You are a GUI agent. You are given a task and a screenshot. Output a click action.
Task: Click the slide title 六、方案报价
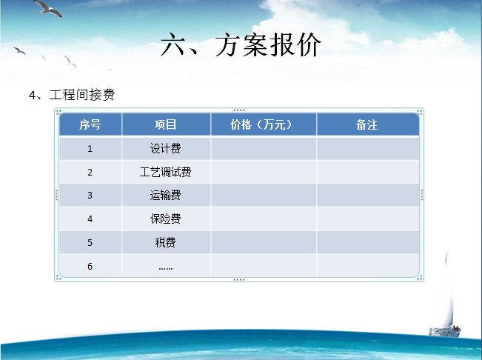coord(241,45)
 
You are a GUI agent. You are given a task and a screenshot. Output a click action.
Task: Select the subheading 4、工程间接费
coord(72,95)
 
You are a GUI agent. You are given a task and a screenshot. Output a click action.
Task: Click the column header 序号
coord(90,124)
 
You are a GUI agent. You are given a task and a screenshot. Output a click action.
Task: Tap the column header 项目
coord(165,124)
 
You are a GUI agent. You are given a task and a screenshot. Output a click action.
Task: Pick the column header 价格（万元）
coord(261,124)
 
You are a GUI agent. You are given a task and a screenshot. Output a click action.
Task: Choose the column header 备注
coord(366,124)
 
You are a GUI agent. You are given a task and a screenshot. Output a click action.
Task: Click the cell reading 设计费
coord(165,148)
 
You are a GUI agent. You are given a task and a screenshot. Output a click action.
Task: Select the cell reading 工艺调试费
coord(165,172)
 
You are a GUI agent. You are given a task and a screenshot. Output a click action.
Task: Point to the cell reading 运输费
coord(165,196)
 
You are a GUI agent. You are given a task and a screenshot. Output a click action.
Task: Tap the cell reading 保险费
coord(165,219)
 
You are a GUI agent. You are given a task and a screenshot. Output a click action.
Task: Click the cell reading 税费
coord(165,242)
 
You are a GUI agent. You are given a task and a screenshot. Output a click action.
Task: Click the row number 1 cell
coord(90,149)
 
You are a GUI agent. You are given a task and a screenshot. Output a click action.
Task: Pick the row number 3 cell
coord(90,196)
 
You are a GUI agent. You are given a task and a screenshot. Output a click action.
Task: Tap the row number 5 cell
coord(90,243)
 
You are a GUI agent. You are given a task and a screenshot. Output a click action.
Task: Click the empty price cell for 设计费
coord(264,148)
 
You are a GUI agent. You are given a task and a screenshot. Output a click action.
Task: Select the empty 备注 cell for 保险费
coord(368,219)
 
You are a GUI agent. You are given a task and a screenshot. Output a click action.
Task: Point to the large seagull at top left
coord(47,8)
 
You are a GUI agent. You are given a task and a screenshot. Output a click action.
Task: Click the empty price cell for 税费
coord(264,242)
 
